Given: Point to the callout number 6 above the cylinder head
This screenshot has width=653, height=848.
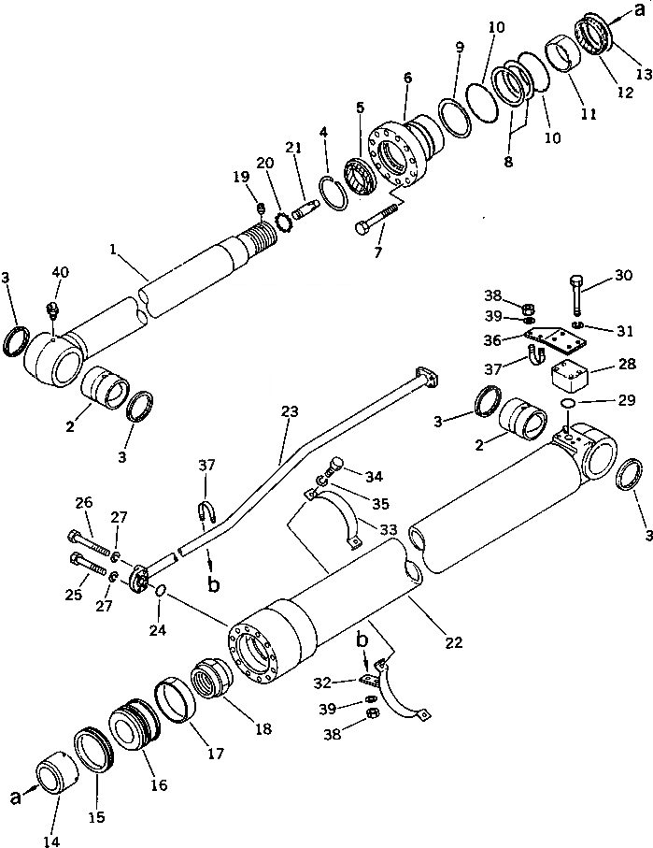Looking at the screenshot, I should click(407, 81).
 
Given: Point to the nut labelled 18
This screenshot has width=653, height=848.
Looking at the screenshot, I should click(214, 681).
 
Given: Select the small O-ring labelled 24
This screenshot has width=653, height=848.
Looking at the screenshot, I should click(162, 591).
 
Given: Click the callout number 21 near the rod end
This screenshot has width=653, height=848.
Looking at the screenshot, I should click(293, 147).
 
